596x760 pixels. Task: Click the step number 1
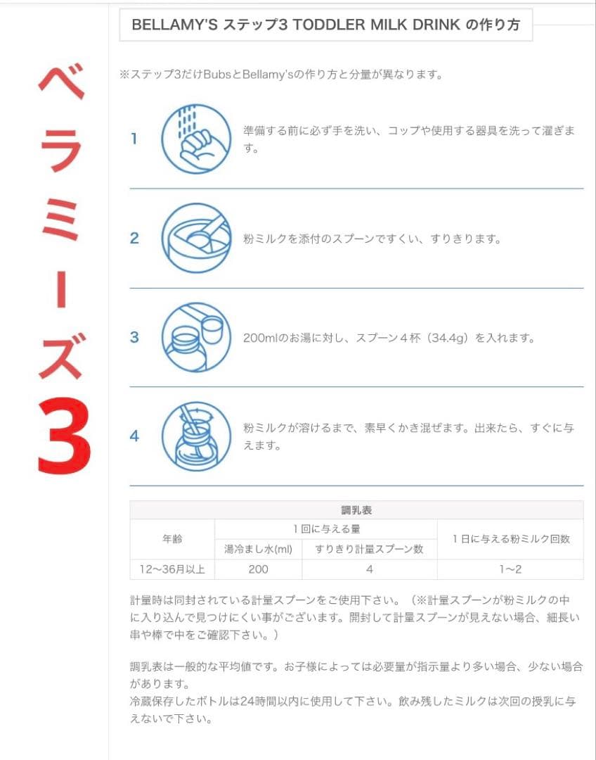pyautogui.click(x=134, y=139)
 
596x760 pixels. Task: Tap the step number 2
pyautogui.click(x=134, y=239)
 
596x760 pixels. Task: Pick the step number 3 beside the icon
pyautogui.click(x=134, y=338)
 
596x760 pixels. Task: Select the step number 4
pyautogui.click(x=134, y=436)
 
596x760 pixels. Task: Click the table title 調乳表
pyautogui.click(x=356, y=510)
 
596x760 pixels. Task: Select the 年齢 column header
pyautogui.click(x=172, y=539)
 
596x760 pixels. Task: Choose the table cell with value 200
pyautogui.click(x=258, y=569)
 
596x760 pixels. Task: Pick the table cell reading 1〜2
pyautogui.click(x=510, y=569)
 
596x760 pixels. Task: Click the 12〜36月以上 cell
pyautogui.click(x=172, y=569)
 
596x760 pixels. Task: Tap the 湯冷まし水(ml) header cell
pyautogui.click(x=258, y=550)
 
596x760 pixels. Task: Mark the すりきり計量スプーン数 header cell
pyautogui.click(x=369, y=550)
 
